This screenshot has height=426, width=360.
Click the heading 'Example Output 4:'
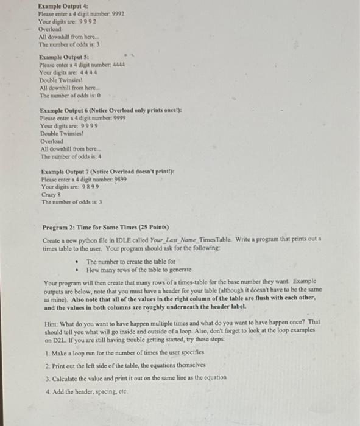point(60,5)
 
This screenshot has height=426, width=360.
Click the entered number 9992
point(115,13)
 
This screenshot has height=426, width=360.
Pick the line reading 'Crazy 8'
point(51,195)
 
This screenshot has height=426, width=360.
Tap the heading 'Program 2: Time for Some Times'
point(101,227)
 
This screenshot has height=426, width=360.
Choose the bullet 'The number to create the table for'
point(130,261)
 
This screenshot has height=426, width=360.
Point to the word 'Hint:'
point(52,321)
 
